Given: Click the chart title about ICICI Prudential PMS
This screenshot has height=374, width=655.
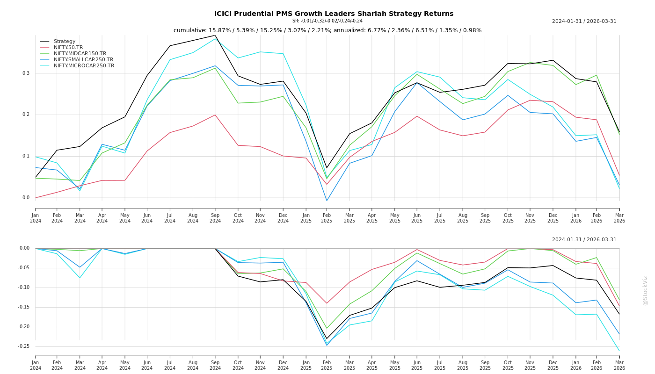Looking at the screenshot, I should click(334, 14).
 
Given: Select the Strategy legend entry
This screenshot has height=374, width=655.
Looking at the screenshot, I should click(64, 41).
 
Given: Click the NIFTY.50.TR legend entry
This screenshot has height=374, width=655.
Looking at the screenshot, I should click(68, 47).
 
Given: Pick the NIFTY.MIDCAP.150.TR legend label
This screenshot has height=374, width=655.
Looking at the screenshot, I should click(80, 53).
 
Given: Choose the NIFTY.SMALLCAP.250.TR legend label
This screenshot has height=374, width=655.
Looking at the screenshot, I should click(83, 59).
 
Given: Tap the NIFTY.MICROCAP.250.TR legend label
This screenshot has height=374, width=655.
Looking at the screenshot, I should click(84, 65).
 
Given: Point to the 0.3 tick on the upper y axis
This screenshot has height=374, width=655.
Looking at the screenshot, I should click(26, 73).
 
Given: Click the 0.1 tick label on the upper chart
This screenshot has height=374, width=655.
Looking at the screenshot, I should click(26, 156).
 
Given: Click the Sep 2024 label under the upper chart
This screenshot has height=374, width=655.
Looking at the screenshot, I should click(215, 218).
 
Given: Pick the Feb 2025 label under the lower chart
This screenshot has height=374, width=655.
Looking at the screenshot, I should click(327, 365).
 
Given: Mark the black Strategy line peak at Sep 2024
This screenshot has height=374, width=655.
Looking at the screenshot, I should click(215, 35).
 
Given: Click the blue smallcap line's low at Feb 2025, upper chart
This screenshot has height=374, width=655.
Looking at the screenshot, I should click(327, 201).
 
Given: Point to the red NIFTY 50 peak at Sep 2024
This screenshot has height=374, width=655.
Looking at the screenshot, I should click(215, 115).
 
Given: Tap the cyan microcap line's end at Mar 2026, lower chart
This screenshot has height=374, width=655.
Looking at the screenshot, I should click(619, 351).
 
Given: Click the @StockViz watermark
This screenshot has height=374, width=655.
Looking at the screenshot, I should click(645, 290).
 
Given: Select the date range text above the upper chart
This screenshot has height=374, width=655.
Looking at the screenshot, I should click(584, 21).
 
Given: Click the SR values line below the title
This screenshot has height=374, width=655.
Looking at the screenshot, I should click(327, 21).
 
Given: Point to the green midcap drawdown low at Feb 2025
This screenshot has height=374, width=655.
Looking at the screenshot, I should click(327, 328).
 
